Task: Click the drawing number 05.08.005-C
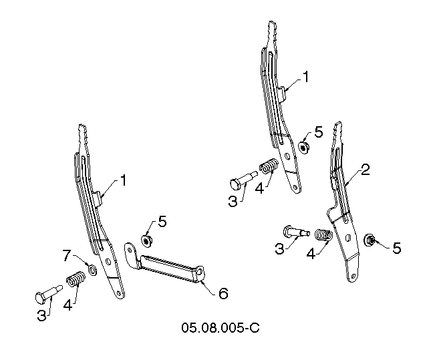point(221,327)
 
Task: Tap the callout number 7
point(67,255)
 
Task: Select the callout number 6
point(223,293)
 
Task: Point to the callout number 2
point(365,170)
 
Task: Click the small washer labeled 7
point(92,269)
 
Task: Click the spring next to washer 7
point(76,278)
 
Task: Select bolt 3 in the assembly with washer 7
point(49,295)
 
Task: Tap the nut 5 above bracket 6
point(146,240)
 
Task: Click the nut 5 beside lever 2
point(370,240)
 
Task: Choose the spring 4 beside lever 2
point(323,234)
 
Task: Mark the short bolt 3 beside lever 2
point(296,232)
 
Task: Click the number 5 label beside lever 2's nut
point(397,248)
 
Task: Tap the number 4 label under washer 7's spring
point(67,305)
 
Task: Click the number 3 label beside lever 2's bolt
point(279,248)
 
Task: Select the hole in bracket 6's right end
point(200,273)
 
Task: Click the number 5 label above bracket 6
point(162,222)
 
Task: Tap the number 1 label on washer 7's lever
point(123,180)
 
